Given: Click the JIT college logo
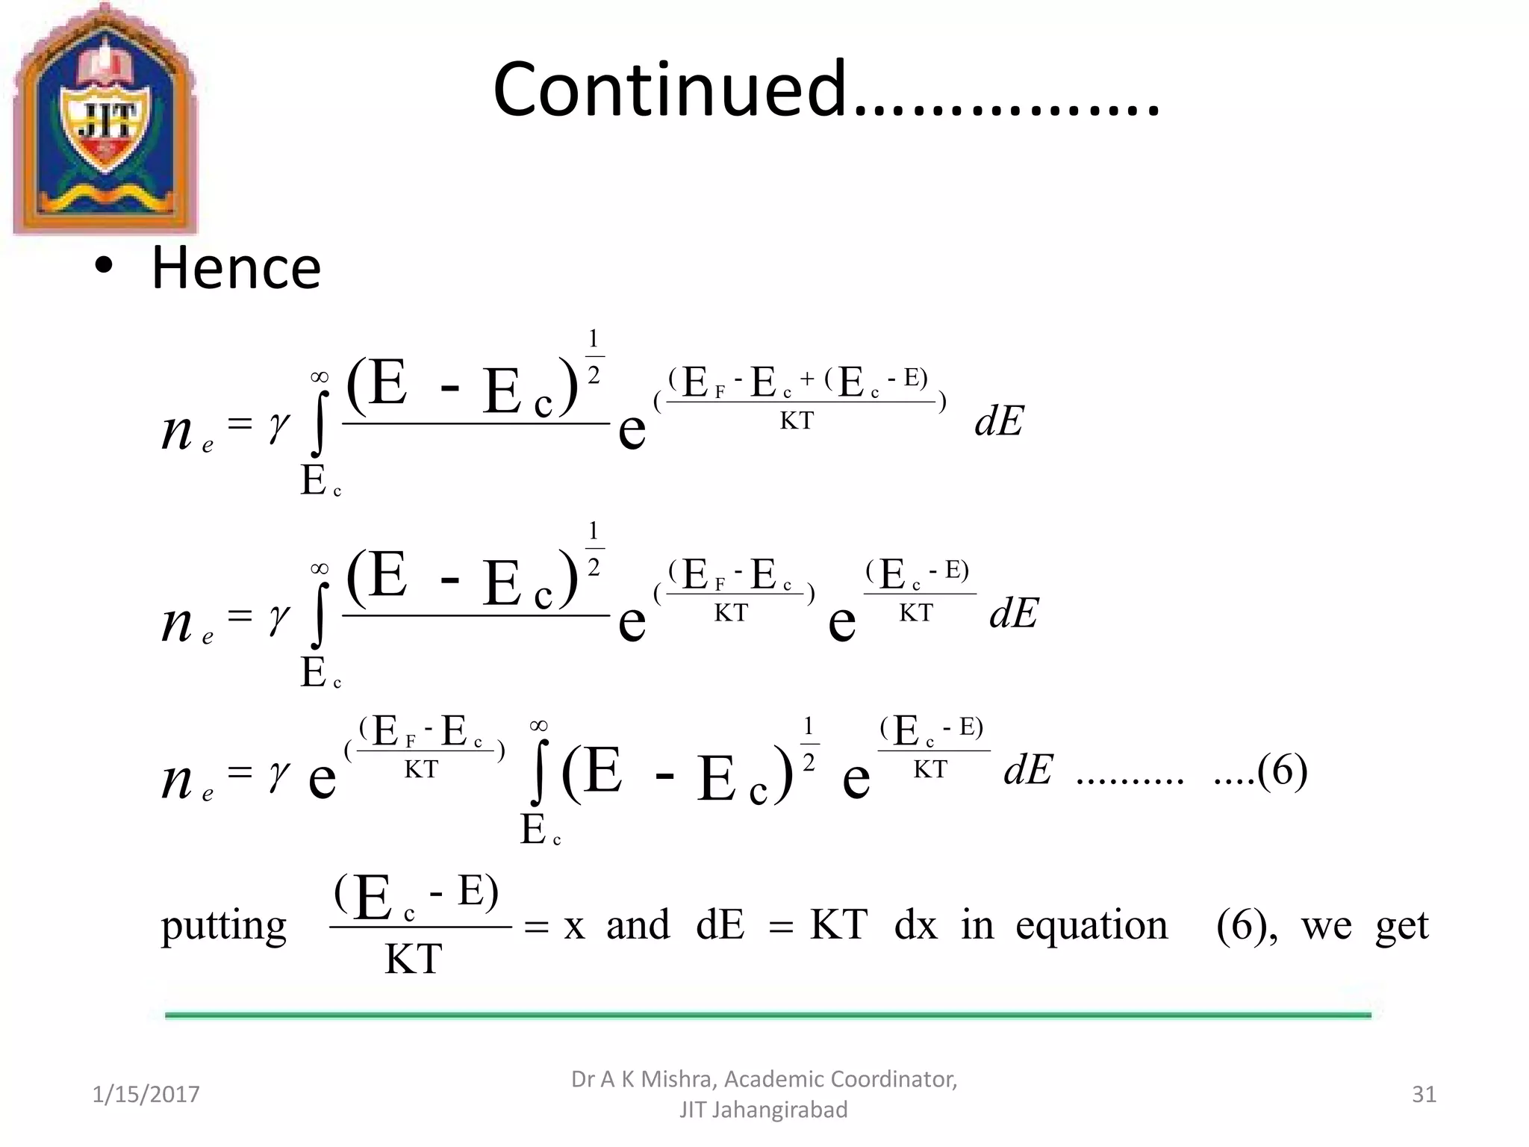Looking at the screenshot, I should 105,119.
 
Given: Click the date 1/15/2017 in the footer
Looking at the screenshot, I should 146,1094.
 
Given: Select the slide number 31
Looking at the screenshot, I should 1424,1094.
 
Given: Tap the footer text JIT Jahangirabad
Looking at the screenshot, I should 763,1110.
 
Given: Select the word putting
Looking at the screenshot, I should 224,926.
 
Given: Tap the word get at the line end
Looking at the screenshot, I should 1401,926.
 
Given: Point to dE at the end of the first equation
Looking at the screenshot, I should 999,421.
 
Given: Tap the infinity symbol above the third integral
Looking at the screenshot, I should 538,725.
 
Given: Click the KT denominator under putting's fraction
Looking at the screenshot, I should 413,959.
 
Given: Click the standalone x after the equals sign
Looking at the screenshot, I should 573,926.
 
